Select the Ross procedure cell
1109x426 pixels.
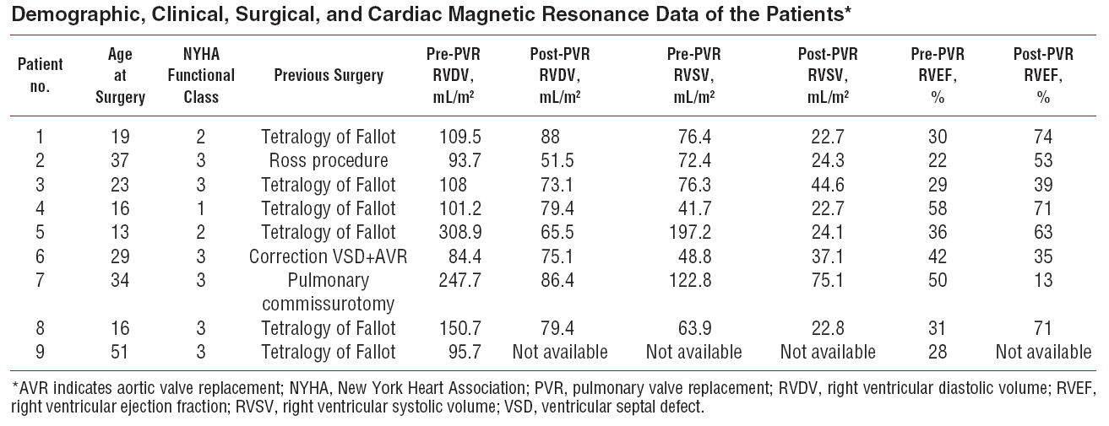pyautogui.click(x=329, y=160)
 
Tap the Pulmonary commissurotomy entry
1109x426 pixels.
pyautogui.click(x=329, y=291)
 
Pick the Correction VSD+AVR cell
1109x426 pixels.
pyautogui.click(x=329, y=255)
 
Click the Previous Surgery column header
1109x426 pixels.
pyautogui.click(x=329, y=76)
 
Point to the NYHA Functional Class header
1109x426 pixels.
pyautogui.click(x=201, y=76)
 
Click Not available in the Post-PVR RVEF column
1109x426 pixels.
pyautogui.click(x=1043, y=351)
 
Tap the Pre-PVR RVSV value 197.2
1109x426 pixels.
pyautogui.click(x=694, y=231)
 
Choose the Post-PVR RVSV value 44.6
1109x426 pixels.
pyautogui.click(x=828, y=184)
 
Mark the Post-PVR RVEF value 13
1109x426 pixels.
pyautogui.click(x=1043, y=278)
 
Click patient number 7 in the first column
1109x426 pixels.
pyautogui.click(x=40, y=278)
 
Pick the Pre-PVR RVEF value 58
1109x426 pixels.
pyautogui.click(x=938, y=208)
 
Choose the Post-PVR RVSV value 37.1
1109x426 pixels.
pyautogui.click(x=828, y=255)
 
